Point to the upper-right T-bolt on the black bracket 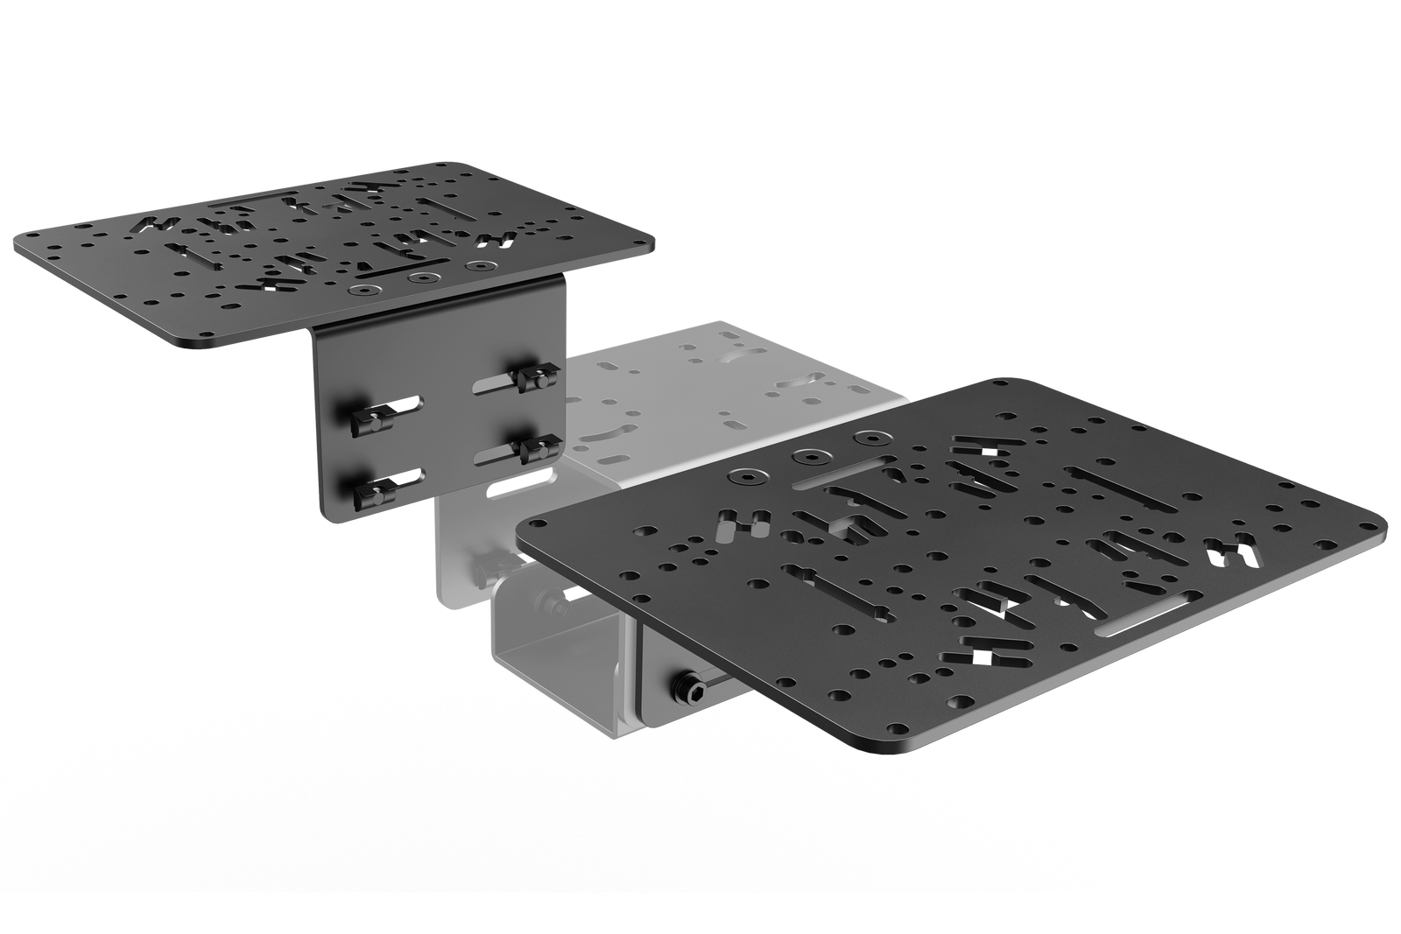pyautogui.click(x=530, y=378)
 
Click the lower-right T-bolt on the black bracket pyautogui.click(x=532, y=450)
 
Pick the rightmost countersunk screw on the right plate pyautogui.click(x=870, y=436)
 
